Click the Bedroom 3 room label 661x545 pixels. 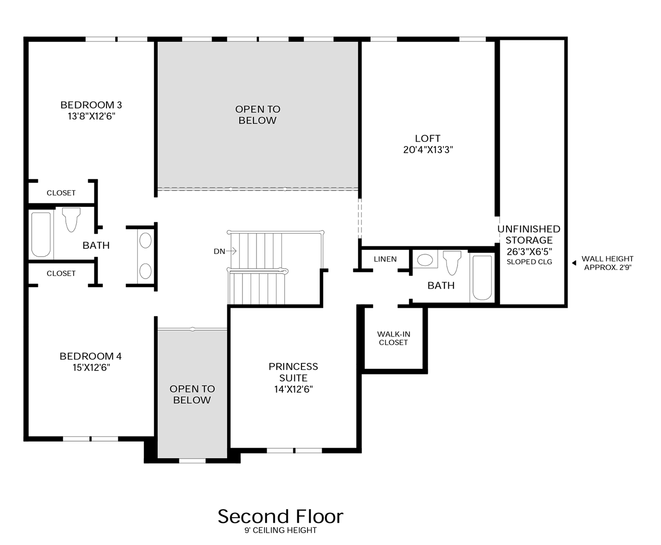(91, 105)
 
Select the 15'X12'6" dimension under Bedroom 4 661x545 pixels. (91, 367)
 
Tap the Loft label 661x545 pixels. (428, 138)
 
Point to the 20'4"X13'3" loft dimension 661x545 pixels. (428, 150)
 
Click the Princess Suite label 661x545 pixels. (293, 372)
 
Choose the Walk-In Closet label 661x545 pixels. (393, 338)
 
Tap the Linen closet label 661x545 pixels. (385, 259)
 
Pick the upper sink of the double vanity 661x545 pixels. (145, 241)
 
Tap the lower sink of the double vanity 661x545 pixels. (145, 271)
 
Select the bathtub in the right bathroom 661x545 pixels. (482, 277)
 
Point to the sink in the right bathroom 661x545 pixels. (425, 260)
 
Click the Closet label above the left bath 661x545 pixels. (61, 193)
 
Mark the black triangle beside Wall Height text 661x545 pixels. (574, 263)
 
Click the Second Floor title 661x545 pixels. (280, 516)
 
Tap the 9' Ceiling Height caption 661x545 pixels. (280, 530)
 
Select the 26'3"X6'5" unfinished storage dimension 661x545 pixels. (529, 251)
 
